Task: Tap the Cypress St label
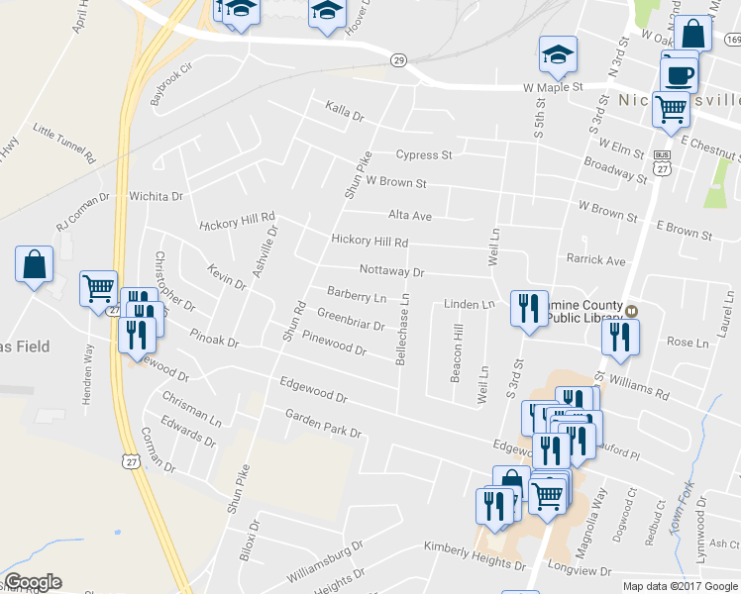click(x=424, y=155)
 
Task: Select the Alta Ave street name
click(x=410, y=215)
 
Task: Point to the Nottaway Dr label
click(x=391, y=270)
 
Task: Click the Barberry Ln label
click(x=357, y=294)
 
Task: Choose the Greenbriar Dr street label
click(x=351, y=319)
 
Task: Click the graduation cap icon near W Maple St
click(x=559, y=54)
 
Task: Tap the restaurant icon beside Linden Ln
click(x=528, y=307)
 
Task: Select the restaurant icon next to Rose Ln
click(x=620, y=337)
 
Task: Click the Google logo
click(x=33, y=582)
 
